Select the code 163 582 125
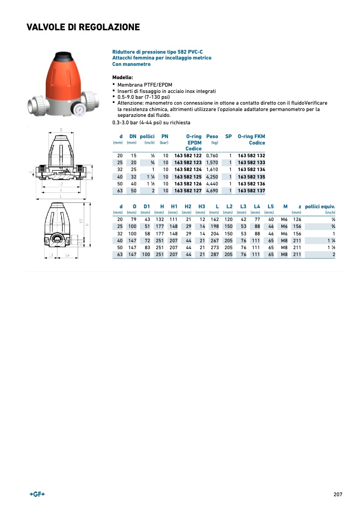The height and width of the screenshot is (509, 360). click(188, 176)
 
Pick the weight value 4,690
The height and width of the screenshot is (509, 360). click(212, 190)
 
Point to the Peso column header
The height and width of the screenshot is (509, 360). click(212, 137)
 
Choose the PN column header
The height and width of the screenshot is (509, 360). click(165, 137)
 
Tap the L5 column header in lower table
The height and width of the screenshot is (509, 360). click(271, 206)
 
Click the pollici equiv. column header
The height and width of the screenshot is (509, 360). click(320, 206)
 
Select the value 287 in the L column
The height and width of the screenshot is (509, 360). click(215, 254)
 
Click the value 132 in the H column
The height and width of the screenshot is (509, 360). click(160, 219)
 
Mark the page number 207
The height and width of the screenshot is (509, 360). click(338, 494)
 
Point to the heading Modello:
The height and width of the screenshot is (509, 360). click(122, 77)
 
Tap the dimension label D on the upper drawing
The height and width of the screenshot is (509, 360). click(61, 130)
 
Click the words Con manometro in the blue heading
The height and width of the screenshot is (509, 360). click(131, 64)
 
